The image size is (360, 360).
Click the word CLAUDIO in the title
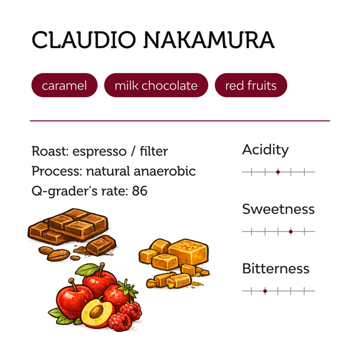coord(84,39)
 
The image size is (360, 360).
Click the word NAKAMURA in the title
coord(209,39)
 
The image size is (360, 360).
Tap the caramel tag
coord(64,85)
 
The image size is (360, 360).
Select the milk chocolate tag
coord(156,85)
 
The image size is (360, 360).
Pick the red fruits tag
coord(251,85)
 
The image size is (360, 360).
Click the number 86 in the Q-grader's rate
coord(139,190)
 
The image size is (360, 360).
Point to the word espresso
coord(99,152)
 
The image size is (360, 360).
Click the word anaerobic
coord(164,171)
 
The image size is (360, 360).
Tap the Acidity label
coord(265,150)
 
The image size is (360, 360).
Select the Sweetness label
coord(278,209)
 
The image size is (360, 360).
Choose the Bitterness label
coord(275,268)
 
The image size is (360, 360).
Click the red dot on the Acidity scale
coord(278,172)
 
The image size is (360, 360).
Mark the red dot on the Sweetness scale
coord(290,231)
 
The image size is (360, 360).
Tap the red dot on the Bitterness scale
coord(265,291)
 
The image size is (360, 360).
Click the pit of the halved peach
coord(96,311)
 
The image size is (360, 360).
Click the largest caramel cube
coord(188,251)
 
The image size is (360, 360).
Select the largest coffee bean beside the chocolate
coord(58,255)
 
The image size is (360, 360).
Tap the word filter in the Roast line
coord(154,151)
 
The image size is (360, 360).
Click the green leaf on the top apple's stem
coord(87,269)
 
